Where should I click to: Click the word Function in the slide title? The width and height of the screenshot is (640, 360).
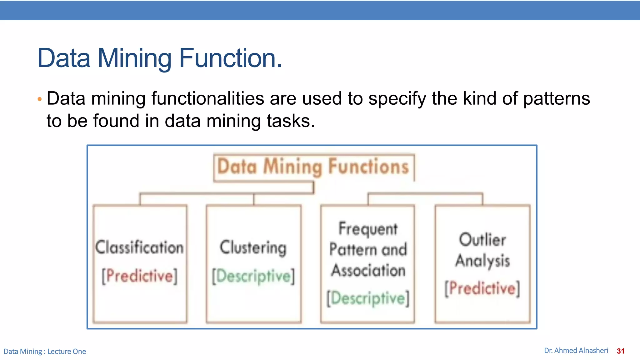point(230,58)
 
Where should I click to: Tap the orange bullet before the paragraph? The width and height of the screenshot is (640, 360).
point(39,99)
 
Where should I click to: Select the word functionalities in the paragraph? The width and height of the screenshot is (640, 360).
point(208,99)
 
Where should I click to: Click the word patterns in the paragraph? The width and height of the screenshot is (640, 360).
point(556,99)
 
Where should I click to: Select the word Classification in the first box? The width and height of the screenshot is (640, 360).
point(139,247)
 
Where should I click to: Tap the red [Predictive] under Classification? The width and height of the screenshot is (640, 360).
point(139,276)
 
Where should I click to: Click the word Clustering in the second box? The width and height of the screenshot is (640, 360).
point(253,247)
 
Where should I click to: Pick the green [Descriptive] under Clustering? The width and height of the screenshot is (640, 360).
point(253,277)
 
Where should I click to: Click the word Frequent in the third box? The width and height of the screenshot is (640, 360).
point(368,229)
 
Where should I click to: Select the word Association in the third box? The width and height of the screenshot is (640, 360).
point(368,270)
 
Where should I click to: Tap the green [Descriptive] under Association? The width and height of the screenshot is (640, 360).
point(368,298)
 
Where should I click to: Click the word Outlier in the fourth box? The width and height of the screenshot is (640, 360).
point(482,240)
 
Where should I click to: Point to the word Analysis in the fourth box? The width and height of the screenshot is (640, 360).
point(482,261)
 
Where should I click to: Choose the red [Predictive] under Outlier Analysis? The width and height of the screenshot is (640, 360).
point(482,288)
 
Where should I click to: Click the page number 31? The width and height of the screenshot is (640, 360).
point(621,351)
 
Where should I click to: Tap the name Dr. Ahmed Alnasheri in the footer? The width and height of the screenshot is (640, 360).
point(576,351)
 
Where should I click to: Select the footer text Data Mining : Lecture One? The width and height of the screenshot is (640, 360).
point(45,352)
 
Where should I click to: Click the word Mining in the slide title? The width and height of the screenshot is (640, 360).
point(134,58)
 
